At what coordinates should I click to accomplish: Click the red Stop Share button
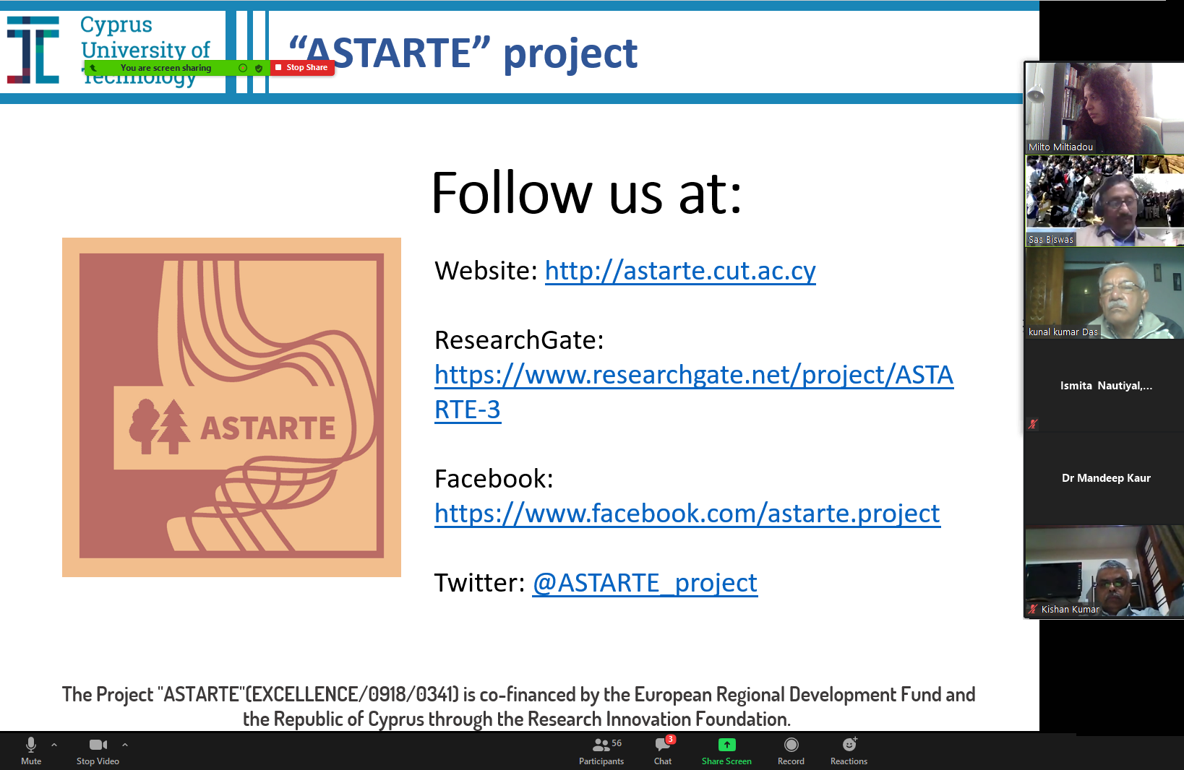coord(302,68)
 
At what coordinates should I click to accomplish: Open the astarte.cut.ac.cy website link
coord(680,270)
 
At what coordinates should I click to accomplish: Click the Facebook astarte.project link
coord(687,514)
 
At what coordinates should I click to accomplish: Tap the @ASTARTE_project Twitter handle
coord(645,583)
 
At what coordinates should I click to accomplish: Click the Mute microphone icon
coord(31,745)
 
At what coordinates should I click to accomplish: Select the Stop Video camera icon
coord(98,745)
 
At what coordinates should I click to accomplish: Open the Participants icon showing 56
coord(601,745)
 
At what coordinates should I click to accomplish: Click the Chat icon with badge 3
coord(663,745)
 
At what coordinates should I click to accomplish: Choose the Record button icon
coord(792,745)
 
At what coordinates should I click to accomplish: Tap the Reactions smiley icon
coord(849,745)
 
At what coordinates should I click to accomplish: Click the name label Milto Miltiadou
coord(1060,147)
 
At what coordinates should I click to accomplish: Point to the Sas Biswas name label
coord(1051,239)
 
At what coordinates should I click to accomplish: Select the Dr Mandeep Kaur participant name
coord(1106,478)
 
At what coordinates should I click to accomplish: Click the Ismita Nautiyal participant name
coord(1106,386)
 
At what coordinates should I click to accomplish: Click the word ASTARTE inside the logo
coord(267,428)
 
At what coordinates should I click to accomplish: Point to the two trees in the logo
coord(158,427)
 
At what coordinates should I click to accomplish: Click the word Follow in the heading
coord(512,194)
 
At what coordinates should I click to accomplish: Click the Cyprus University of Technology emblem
coord(33,50)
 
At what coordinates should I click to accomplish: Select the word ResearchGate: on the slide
coord(518,339)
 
